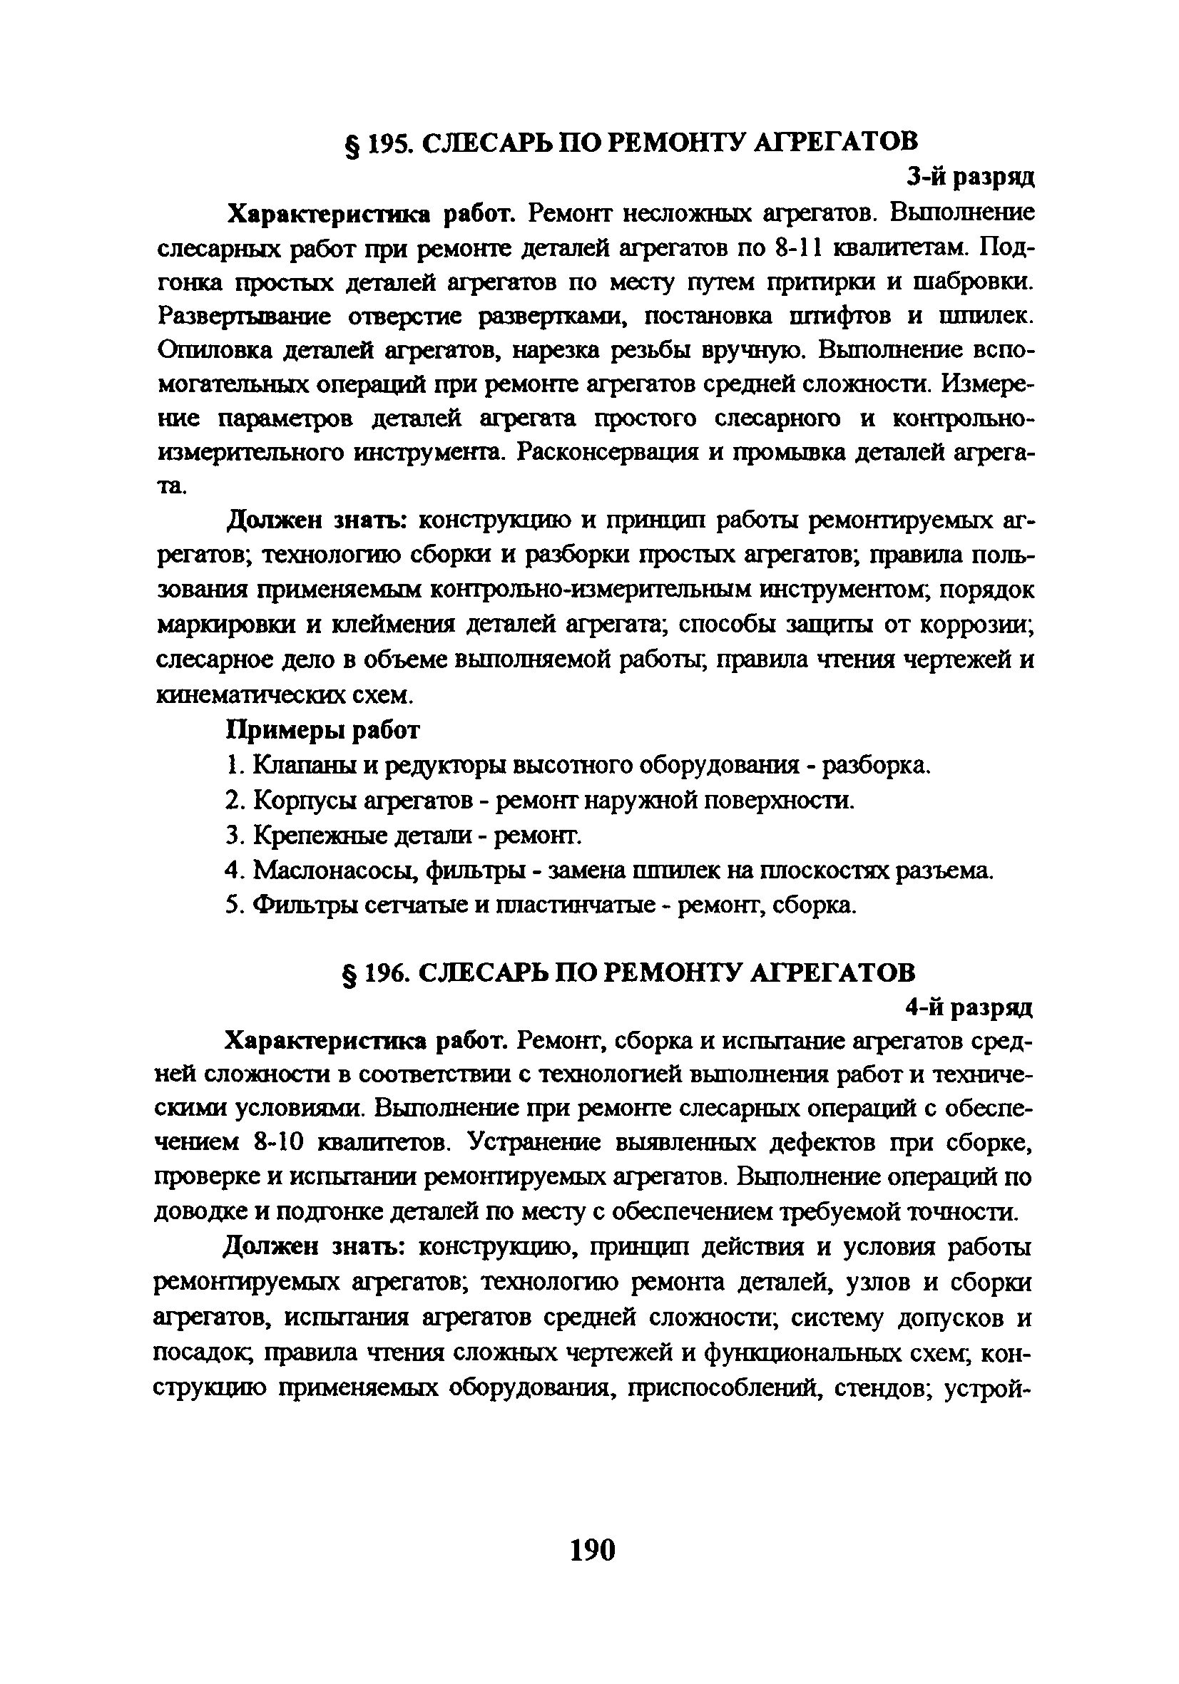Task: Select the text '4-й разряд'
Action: tap(969, 1009)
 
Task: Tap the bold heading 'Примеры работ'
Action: tap(323, 730)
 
